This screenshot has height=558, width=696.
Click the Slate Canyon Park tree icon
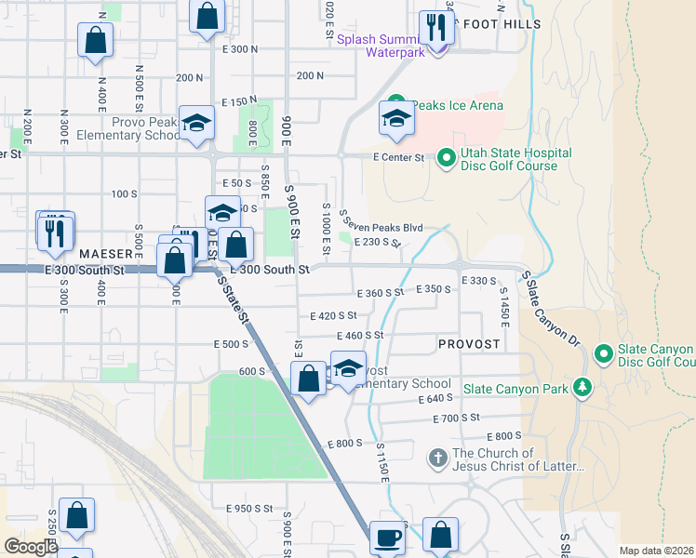[x=582, y=386]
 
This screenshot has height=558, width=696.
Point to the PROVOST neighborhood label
[x=469, y=344]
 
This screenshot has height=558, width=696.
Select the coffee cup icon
[x=387, y=537]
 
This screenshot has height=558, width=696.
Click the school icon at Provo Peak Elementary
[x=196, y=122]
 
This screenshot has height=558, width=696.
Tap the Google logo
[x=30, y=546]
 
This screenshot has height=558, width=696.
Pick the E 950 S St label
[x=249, y=509]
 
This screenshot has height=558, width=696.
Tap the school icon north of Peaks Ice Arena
[x=397, y=119]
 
